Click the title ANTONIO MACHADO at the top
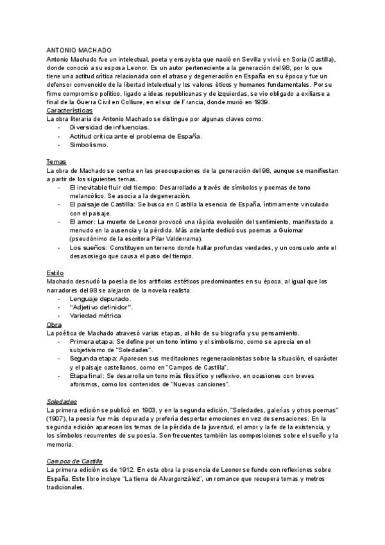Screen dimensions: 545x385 (x=80, y=49)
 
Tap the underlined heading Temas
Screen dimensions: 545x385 (x=57, y=161)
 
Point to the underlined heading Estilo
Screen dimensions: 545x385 (x=56, y=272)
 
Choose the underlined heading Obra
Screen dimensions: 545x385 (x=55, y=324)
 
